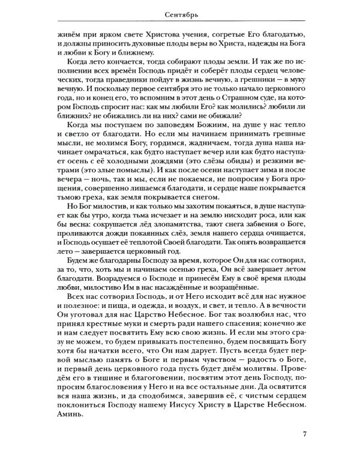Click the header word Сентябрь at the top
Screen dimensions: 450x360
[x=181, y=13]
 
